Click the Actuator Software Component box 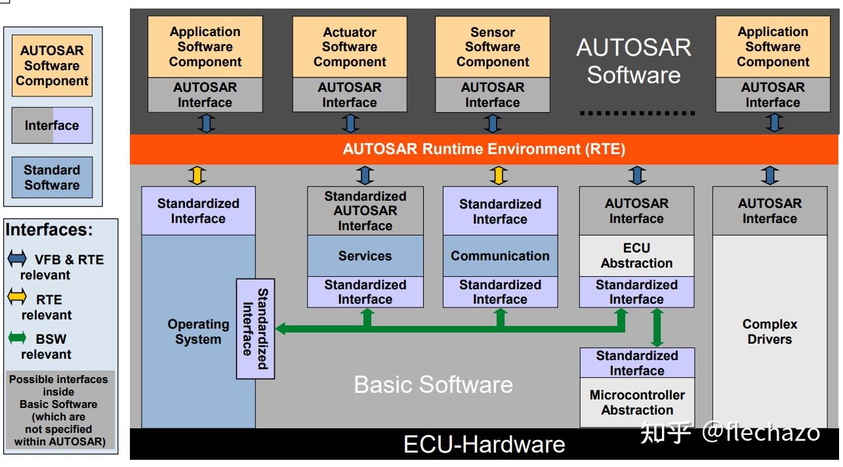click(x=349, y=47)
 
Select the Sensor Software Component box click(x=492, y=47)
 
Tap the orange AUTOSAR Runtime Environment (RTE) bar click(x=483, y=149)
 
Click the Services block click(x=365, y=256)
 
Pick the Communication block click(x=500, y=256)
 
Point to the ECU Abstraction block click(x=636, y=256)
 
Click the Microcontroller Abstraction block click(x=637, y=402)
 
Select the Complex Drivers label click(x=770, y=332)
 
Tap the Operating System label click(x=198, y=332)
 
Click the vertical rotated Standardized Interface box click(x=255, y=329)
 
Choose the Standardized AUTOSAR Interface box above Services click(x=365, y=211)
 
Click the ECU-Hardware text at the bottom click(x=483, y=445)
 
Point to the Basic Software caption click(x=433, y=384)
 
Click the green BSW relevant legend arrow click(x=17, y=339)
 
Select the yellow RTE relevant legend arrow click(x=17, y=299)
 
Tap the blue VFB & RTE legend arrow click(x=17, y=259)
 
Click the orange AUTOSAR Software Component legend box click(x=52, y=66)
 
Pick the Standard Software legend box click(x=52, y=178)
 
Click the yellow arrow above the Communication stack click(x=499, y=175)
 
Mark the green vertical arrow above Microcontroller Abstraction click(x=657, y=327)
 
